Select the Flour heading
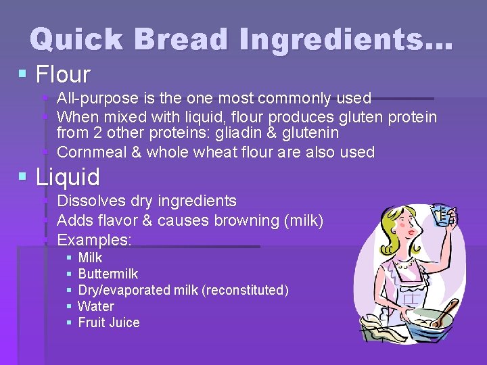[x=63, y=74]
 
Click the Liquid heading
[x=68, y=177]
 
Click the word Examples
[x=93, y=240]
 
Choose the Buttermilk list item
[x=108, y=274]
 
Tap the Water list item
[x=96, y=306]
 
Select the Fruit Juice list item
[x=109, y=322]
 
